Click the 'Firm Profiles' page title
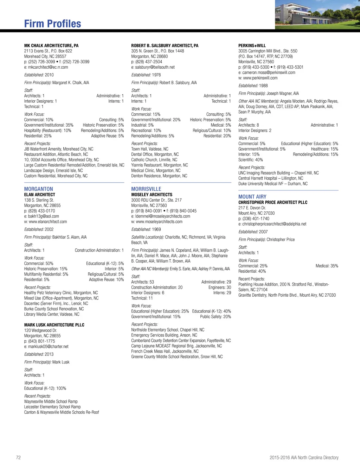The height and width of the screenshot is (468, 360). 52,24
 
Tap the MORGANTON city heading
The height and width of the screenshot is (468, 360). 39,189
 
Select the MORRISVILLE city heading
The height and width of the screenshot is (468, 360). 146,189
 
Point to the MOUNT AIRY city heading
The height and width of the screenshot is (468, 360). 252,197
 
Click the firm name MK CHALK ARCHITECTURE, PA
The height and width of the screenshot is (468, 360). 51,46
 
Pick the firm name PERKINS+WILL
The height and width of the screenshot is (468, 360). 252,46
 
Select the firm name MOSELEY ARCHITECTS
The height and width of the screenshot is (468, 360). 152,195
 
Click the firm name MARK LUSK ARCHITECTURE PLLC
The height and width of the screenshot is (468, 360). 54,325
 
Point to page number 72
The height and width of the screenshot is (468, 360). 18,457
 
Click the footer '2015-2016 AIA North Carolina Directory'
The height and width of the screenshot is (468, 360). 304,457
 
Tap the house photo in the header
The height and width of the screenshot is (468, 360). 317,14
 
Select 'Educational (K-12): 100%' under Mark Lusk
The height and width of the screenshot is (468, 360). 45,388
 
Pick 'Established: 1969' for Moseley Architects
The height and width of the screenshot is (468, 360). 146,229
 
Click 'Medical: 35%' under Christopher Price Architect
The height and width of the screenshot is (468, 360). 327,266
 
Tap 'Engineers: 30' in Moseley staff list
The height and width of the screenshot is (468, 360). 220,287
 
